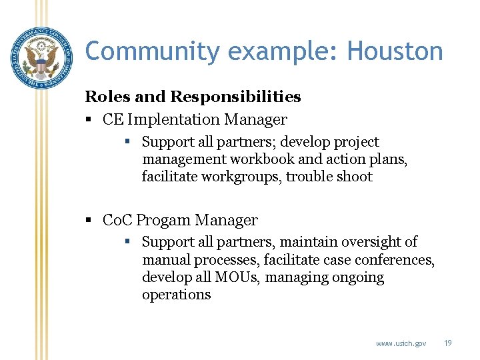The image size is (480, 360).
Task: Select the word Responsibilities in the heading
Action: point(235,97)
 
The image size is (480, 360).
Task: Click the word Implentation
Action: point(175,120)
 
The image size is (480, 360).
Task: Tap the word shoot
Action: point(354,177)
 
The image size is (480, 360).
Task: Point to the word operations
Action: point(176,294)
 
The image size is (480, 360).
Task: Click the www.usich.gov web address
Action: point(401,343)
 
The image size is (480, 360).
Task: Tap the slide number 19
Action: point(447,343)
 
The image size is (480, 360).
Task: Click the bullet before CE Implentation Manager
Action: point(89,120)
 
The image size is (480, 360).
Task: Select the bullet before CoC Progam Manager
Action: point(89,220)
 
